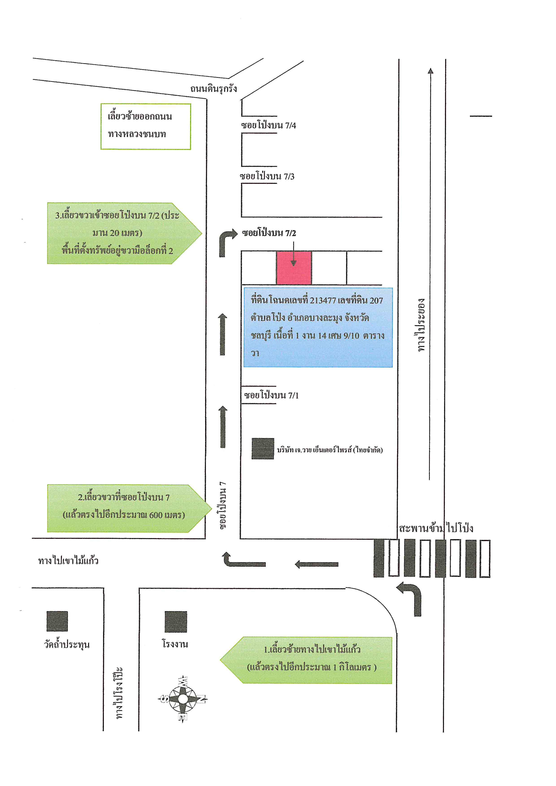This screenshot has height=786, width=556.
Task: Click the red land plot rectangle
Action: tap(294, 268)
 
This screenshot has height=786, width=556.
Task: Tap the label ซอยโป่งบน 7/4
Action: tap(268, 125)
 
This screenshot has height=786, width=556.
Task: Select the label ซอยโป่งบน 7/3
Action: tap(267, 176)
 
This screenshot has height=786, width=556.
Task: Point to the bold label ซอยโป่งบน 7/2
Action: tap(269, 233)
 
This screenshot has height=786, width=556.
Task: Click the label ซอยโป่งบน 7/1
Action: tap(271, 395)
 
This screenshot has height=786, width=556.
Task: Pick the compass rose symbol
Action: tap(183, 699)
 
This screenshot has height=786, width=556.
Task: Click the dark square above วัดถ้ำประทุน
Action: tap(57, 621)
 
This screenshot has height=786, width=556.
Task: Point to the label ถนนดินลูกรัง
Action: tap(214, 89)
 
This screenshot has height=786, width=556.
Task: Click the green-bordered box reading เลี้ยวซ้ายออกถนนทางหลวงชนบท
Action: tap(146, 127)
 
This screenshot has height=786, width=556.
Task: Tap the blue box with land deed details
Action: tap(318, 328)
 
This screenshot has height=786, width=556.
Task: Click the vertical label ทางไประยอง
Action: tap(421, 325)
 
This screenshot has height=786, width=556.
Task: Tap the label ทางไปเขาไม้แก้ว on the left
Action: tap(68, 560)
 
